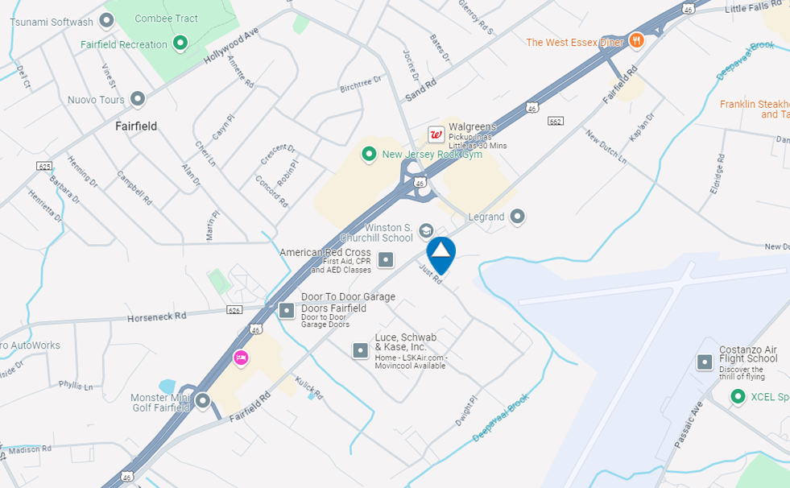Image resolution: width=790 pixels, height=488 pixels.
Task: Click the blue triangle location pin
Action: point(441,254)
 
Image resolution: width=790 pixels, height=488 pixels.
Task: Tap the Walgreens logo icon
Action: point(436,134)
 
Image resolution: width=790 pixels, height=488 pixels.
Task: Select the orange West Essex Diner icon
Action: point(636,41)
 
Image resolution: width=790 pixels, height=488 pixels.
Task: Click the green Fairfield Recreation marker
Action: point(181,43)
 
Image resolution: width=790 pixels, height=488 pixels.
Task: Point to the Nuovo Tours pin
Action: point(138,100)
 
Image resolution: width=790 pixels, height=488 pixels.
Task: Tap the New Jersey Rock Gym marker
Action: point(369,154)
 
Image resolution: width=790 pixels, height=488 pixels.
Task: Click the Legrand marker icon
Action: point(518,217)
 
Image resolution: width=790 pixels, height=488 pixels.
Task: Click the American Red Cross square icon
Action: point(386,259)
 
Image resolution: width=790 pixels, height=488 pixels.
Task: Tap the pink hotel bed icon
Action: point(240,357)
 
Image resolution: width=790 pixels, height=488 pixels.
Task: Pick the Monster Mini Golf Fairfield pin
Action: point(203,400)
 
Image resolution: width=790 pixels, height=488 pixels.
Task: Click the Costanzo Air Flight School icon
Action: point(705,362)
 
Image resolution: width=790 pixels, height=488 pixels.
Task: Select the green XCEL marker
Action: point(737,396)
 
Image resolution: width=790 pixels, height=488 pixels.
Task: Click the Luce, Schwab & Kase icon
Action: point(360,350)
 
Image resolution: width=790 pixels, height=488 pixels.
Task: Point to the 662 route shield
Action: point(555,122)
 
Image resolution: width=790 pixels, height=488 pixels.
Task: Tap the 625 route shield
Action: point(44,166)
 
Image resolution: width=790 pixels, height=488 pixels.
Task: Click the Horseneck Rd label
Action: point(157,316)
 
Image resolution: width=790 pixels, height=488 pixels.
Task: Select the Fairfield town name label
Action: point(136,126)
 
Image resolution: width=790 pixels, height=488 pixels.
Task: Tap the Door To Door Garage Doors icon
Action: point(287,310)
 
